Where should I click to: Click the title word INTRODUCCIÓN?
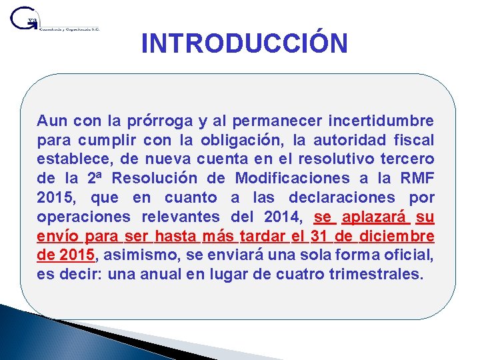coord(244,44)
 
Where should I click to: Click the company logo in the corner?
coord(53,20)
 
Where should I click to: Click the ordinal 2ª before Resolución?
coord(95,179)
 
